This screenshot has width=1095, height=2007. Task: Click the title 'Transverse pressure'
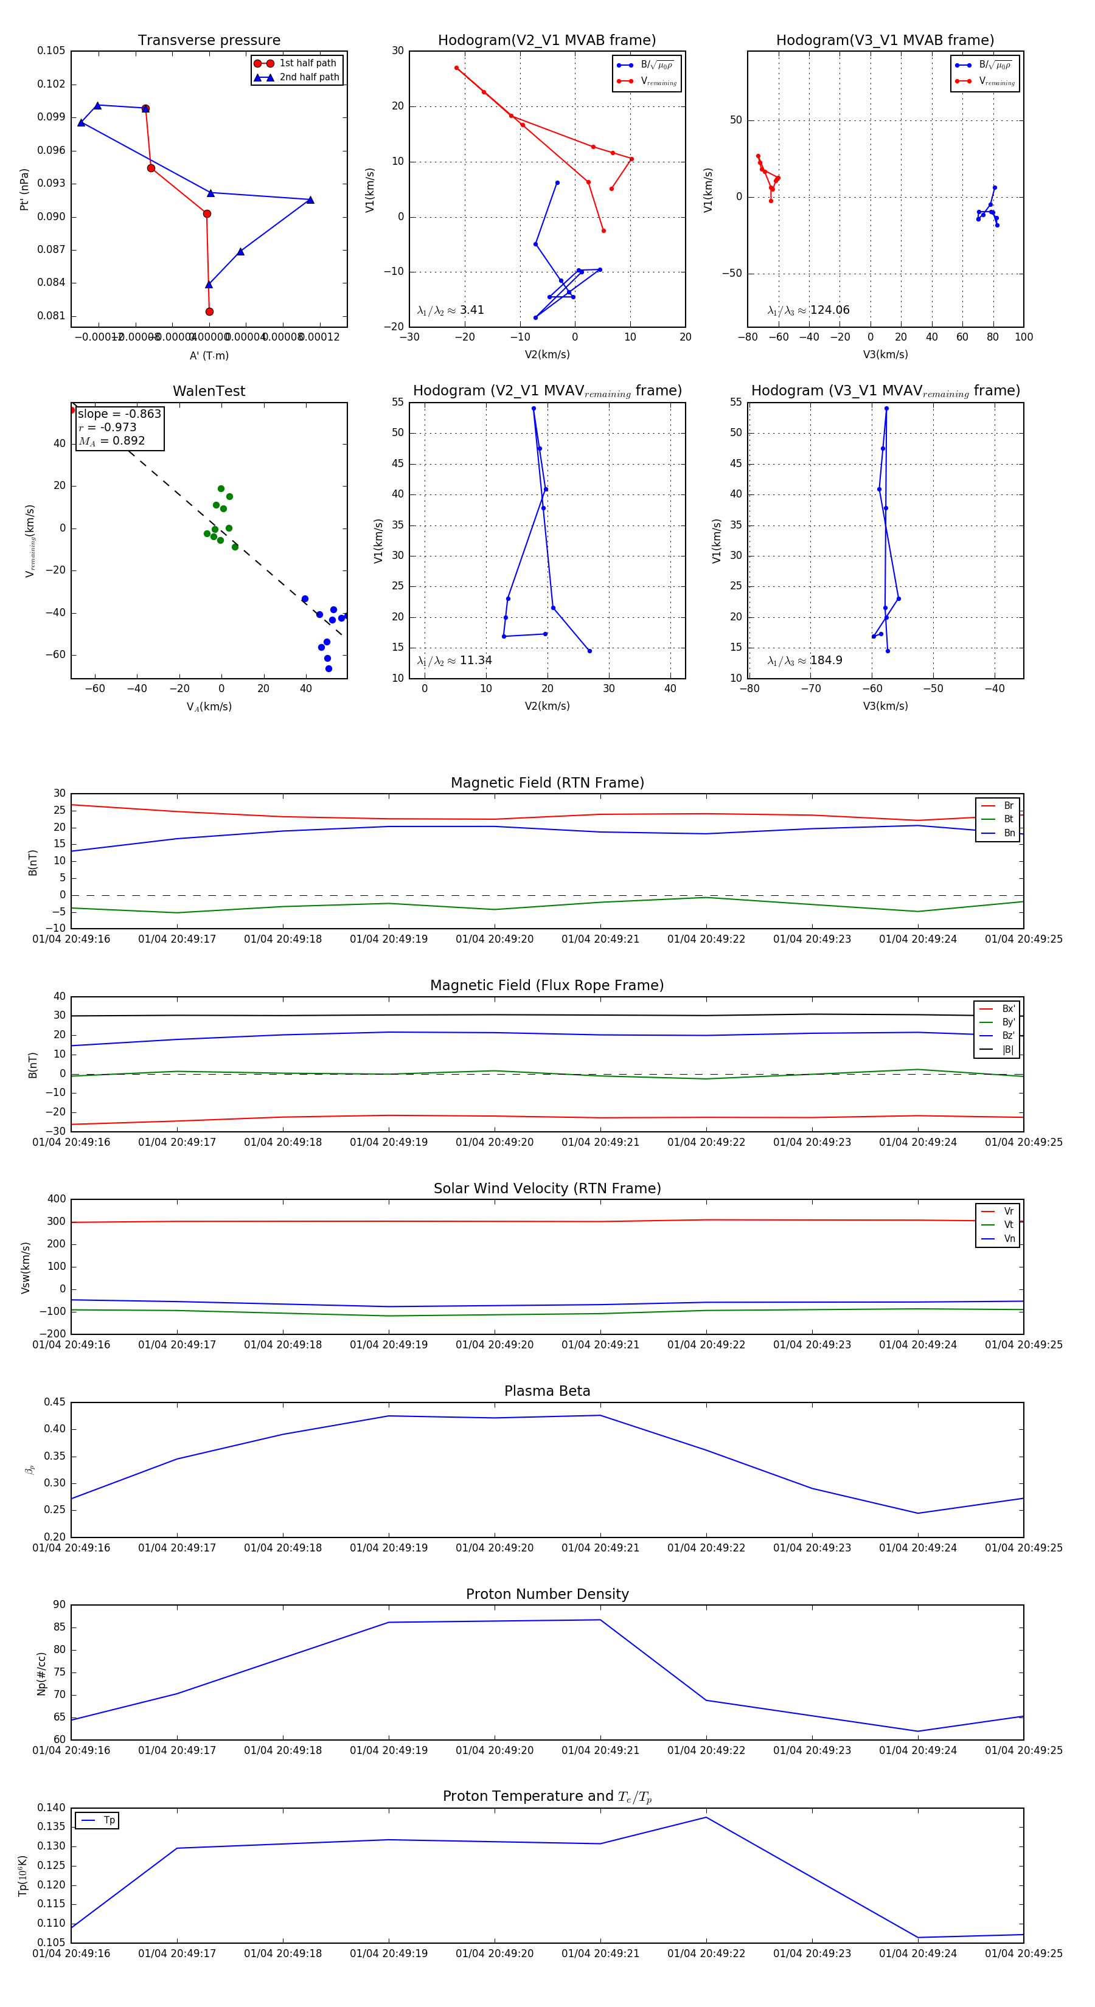click(209, 41)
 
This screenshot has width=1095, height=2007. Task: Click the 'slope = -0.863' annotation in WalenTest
click(119, 414)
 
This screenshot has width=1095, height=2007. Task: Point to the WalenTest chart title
click(209, 391)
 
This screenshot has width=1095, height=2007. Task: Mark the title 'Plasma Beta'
click(547, 1392)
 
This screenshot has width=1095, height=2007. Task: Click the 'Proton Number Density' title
click(547, 1594)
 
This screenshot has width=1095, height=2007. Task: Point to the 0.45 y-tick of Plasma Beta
click(55, 1402)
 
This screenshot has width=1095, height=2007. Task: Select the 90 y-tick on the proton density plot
click(59, 1605)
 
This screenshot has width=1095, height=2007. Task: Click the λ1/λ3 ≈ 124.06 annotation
click(808, 310)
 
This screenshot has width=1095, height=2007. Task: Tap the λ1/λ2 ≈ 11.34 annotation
click(454, 660)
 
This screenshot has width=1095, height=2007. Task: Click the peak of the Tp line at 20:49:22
click(706, 1818)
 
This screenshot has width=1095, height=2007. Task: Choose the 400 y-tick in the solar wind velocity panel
click(56, 1199)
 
